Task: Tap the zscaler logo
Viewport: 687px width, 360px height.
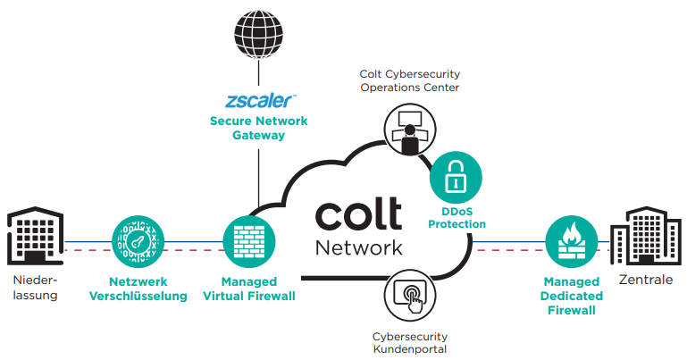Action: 258,99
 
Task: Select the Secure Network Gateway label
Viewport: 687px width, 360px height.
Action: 258,129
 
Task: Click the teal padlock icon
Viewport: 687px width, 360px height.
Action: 456,177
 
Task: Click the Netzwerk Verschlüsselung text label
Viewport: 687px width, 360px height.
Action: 138,288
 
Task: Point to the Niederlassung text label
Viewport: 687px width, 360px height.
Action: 36,288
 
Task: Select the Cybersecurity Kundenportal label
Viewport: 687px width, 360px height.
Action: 410,343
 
